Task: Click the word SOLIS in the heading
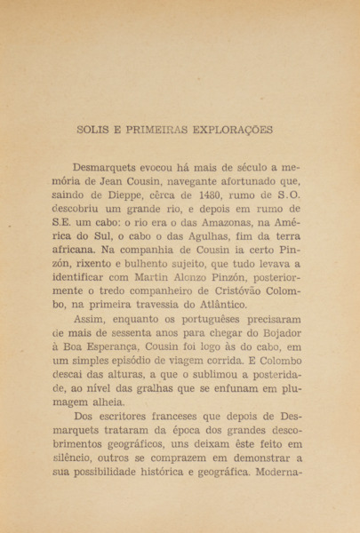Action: tap(95, 130)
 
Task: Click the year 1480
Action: tap(235, 200)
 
